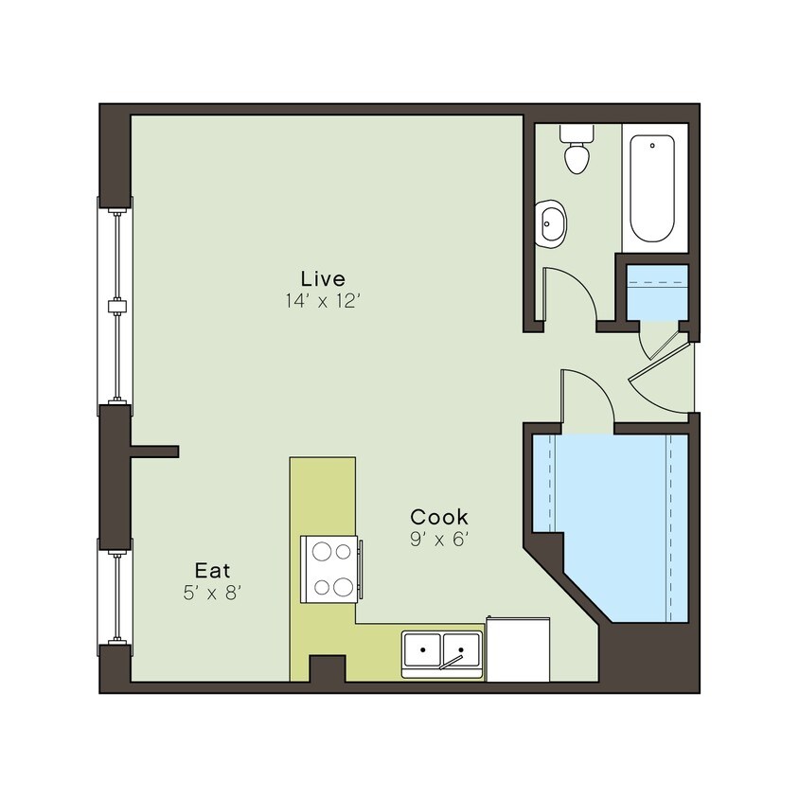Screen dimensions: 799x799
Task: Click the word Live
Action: pos(323,278)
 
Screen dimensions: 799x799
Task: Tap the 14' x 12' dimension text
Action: pos(323,302)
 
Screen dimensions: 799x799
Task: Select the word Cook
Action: pos(438,517)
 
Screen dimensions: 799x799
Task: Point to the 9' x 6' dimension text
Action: pos(438,541)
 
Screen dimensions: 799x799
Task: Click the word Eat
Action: pos(213,570)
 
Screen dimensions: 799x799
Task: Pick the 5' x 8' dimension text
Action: pos(213,594)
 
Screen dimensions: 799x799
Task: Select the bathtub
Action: pos(653,188)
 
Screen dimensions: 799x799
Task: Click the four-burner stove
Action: pos(330,569)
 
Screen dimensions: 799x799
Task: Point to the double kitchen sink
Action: pos(442,650)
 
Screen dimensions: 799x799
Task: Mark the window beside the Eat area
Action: pos(116,592)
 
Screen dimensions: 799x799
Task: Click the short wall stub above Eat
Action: pos(154,452)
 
